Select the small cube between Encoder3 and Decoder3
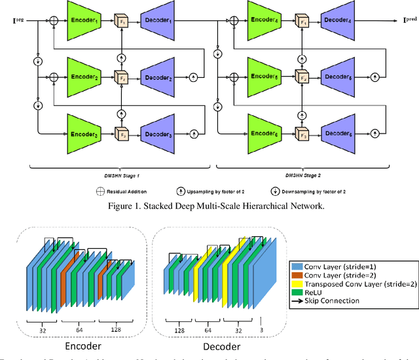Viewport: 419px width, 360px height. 120,134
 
